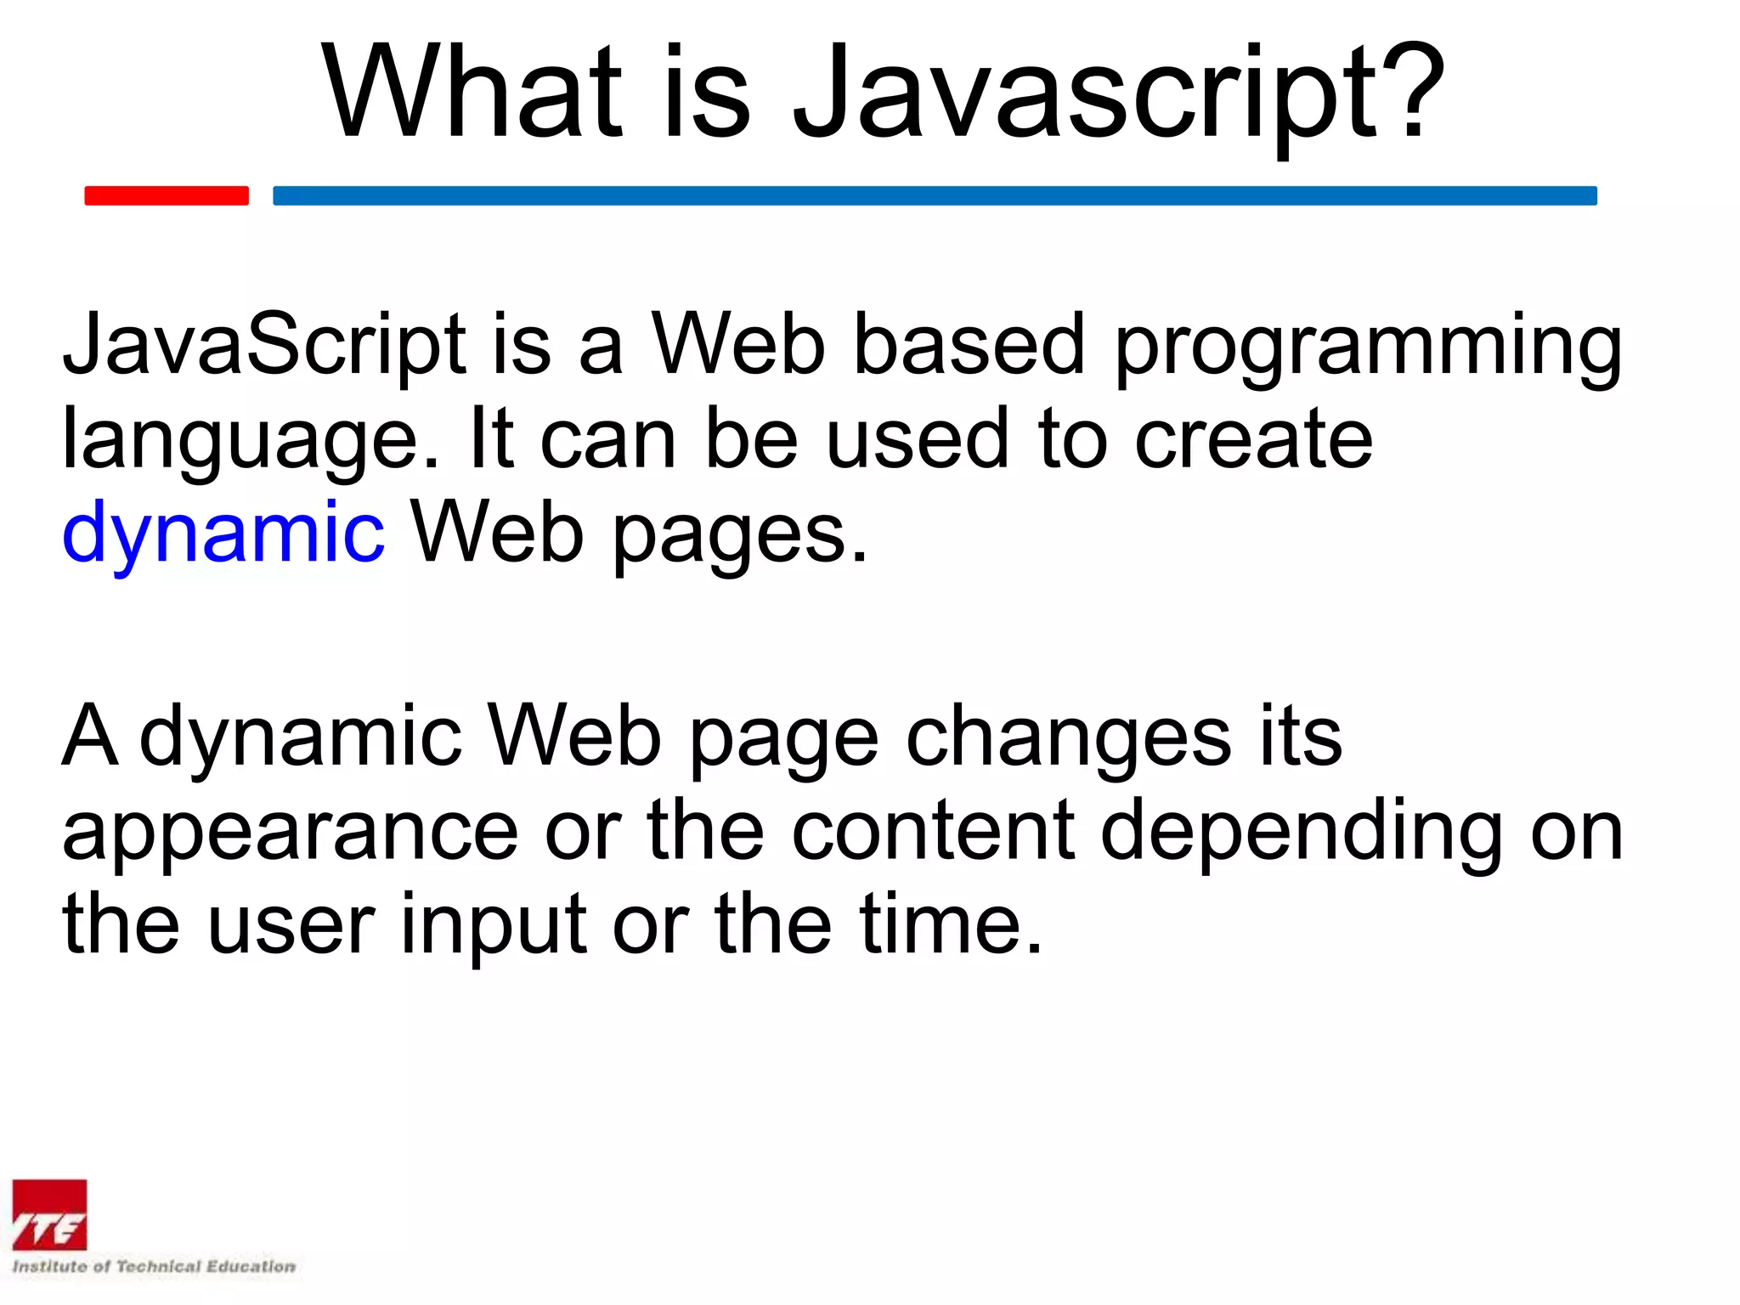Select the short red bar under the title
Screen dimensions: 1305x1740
click(167, 195)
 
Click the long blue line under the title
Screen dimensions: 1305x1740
click(935, 195)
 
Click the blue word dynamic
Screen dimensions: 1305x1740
click(223, 533)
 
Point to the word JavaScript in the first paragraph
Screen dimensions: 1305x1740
click(264, 345)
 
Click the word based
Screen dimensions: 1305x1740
click(969, 344)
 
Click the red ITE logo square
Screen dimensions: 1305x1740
click(49, 1215)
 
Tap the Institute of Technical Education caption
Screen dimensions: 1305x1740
click(154, 1267)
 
